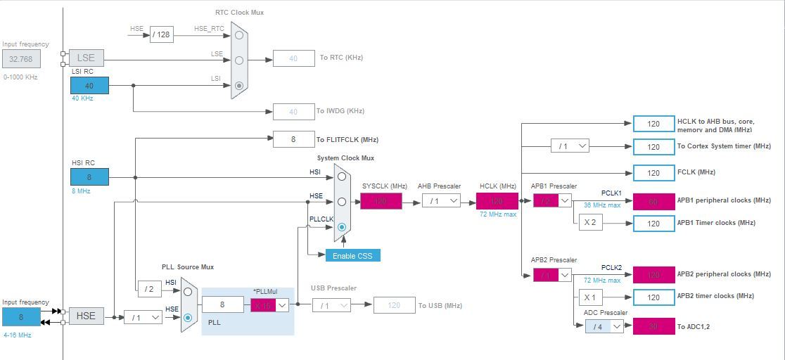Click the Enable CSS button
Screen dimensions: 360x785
click(x=352, y=255)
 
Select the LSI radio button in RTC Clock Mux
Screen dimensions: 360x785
click(x=239, y=86)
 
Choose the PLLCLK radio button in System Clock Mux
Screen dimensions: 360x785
click(x=342, y=226)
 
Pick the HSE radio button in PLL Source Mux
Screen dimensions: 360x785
click(x=188, y=317)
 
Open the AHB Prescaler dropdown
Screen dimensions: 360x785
click(x=441, y=201)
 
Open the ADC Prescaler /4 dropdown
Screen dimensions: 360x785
click(x=604, y=326)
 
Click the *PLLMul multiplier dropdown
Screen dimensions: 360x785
click(x=270, y=304)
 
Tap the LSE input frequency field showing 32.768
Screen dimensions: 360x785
click(x=20, y=59)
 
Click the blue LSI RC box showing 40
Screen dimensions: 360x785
click(x=89, y=86)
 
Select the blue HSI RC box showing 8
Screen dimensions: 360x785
click(x=89, y=177)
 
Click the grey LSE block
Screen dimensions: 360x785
click(x=86, y=58)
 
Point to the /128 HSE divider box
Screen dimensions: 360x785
click(x=161, y=34)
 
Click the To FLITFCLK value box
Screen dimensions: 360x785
click(x=293, y=139)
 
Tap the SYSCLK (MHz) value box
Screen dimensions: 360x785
click(x=381, y=201)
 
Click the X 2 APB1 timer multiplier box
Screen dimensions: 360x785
click(x=589, y=223)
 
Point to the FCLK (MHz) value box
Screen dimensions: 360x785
click(x=653, y=172)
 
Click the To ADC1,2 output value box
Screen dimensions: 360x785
click(x=653, y=326)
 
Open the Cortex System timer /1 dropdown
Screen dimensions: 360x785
click(x=569, y=146)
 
